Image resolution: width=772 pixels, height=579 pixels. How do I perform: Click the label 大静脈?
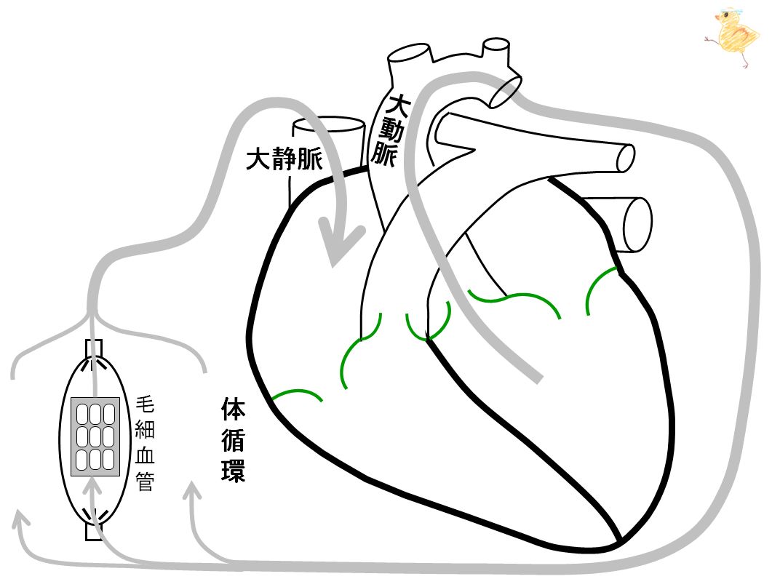(x=284, y=159)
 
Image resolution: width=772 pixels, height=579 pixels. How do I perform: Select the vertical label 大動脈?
(x=391, y=130)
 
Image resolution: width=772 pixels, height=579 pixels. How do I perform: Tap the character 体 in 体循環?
(x=233, y=409)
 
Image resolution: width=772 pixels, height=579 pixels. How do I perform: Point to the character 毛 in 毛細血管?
(x=146, y=404)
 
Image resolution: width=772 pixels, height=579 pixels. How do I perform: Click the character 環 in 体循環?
(x=233, y=470)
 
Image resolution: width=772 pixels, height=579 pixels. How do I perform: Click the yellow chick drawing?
(x=733, y=36)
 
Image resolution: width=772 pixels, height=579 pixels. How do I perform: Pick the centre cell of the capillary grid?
(x=95, y=436)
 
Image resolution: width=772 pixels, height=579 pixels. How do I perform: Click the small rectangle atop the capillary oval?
(x=95, y=348)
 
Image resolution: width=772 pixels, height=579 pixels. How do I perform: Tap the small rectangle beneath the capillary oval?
(x=94, y=532)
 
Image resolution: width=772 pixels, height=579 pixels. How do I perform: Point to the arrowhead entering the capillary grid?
(x=93, y=487)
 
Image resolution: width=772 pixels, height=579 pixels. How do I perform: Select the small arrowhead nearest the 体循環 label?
(x=193, y=492)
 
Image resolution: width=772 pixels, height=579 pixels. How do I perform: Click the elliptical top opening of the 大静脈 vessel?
(x=328, y=125)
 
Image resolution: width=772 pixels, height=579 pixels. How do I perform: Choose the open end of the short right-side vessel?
(x=638, y=225)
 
